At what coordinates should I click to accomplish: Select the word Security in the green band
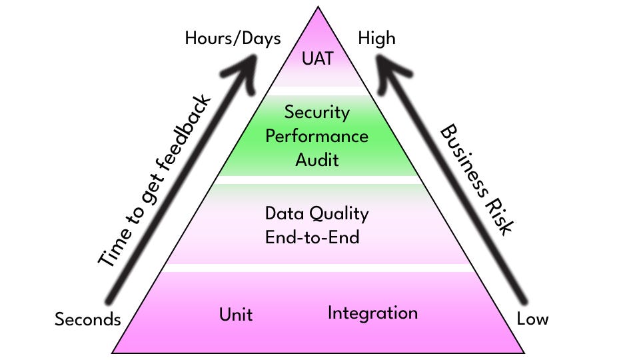click(x=316, y=112)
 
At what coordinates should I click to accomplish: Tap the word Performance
click(x=316, y=136)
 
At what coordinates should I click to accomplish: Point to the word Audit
click(x=316, y=160)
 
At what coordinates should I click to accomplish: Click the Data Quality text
click(x=316, y=214)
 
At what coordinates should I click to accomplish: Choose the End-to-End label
click(x=313, y=237)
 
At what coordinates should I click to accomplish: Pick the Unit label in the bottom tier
click(x=236, y=314)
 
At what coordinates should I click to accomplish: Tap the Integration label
click(x=372, y=313)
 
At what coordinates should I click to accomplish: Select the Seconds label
click(x=87, y=319)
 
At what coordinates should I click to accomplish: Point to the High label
click(x=376, y=38)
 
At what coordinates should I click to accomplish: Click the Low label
click(x=532, y=319)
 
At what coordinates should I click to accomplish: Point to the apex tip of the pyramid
click(x=318, y=7)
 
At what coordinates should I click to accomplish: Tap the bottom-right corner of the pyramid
click(x=525, y=353)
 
